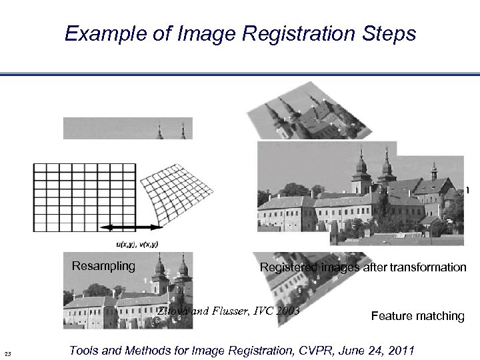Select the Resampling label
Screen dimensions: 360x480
click(x=103, y=267)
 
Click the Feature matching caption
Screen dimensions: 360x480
click(x=417, y=316)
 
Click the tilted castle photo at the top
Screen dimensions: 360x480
click(x=300, y=117)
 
